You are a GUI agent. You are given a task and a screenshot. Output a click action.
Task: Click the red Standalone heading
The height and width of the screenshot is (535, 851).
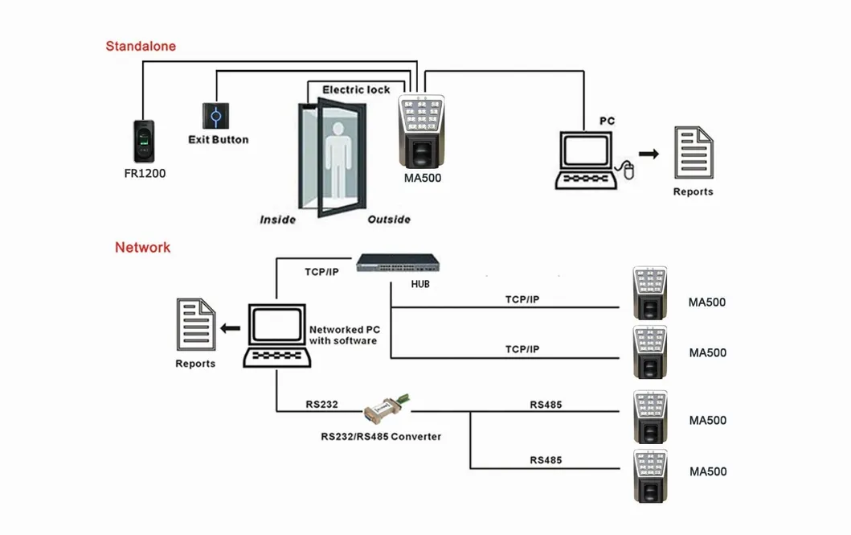[x=141, y=46]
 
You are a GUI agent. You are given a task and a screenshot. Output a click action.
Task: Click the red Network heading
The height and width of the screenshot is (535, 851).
[x=142, y=247]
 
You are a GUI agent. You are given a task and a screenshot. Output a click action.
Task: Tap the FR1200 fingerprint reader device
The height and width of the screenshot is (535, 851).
[x=145, y=142]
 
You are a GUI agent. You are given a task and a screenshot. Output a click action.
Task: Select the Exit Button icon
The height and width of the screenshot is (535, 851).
[x=215, y=116]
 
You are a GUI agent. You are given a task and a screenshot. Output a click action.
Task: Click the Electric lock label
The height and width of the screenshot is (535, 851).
[x=356, y=89]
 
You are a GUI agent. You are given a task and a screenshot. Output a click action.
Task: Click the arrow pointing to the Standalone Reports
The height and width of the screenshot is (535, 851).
[x=648, y=153]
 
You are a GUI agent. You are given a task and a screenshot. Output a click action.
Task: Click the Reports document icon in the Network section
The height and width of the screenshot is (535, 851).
[x=196, y=324]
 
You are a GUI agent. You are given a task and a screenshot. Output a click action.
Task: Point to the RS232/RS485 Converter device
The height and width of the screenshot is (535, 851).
[x=387, y=408]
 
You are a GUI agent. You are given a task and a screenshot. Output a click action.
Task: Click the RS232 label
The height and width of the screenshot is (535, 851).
[x=321, y=404]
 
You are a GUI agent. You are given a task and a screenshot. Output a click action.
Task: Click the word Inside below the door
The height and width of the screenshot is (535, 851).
[x=277, y=220]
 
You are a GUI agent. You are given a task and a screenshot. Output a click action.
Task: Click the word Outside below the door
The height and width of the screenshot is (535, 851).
[x=389, y=220]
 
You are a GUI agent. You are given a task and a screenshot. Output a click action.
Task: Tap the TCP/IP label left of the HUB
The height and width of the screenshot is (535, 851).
[x=321, y=272]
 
